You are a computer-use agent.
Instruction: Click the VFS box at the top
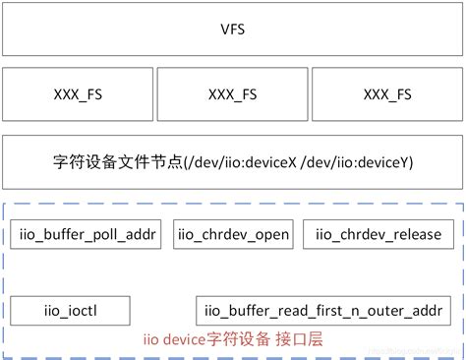pos(233,29)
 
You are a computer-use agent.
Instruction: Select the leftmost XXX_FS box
pos(78,94)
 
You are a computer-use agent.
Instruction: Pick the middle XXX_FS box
pos(232,94)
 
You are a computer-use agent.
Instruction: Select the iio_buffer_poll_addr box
pos(87,234)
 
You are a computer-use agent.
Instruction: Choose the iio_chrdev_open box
pos(233,234)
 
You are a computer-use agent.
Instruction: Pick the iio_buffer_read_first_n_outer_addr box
pos(323,312)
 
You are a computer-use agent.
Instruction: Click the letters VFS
pos(233,29)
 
